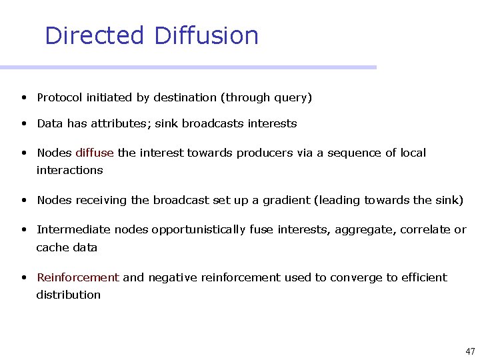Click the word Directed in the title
94,35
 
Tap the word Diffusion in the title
206,35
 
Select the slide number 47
470,351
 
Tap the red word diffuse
95,153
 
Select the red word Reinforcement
78,277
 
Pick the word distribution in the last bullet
69,295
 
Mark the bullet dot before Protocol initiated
23,97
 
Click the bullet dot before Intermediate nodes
23,229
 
